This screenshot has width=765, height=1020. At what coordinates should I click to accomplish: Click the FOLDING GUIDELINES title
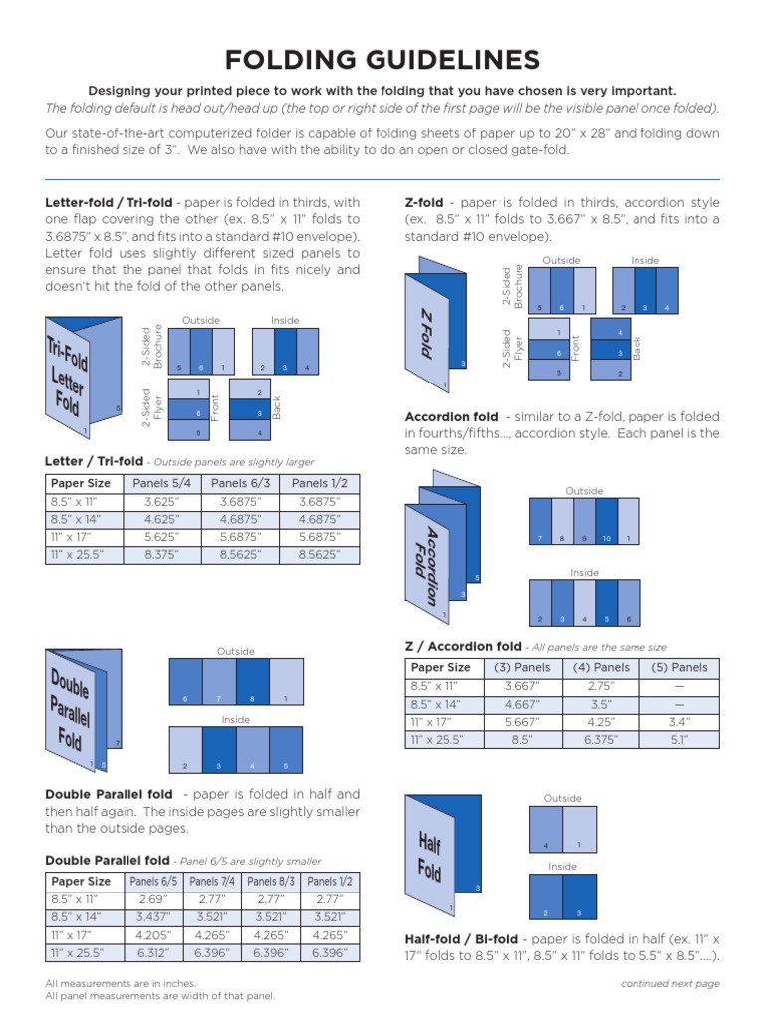pyautogui.click(x=382, y=61)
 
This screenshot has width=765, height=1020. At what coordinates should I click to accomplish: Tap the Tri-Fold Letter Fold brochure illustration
pyautogui.click(x=83, y=377)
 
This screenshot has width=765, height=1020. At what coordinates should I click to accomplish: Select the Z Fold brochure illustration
pyautogui.click(x=434, y=324)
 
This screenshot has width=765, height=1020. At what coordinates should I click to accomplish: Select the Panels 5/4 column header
pyautogui.click(x=158, y=484)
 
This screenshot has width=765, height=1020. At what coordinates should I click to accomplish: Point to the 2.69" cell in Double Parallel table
pyautogui.click(x=153, y=899)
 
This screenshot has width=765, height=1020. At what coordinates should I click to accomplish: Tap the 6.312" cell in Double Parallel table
pyautogui.click(x=153, y=953)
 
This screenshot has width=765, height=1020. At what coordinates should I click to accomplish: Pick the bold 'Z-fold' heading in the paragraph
pyautogui.click(x=424, y=202)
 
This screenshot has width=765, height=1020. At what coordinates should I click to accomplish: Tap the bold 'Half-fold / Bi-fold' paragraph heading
pyautogui.click(x=461, y=939)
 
